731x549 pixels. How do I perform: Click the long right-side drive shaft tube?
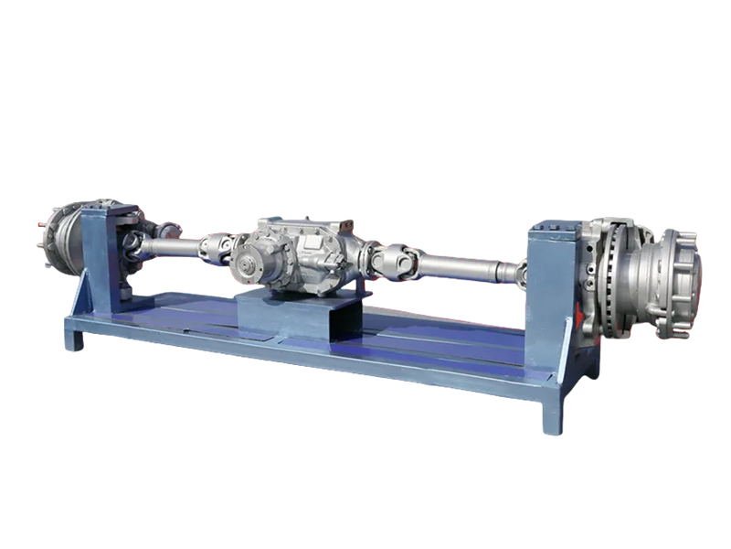461,266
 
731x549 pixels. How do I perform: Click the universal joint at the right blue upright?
519,273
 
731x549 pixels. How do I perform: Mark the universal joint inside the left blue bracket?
133,242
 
